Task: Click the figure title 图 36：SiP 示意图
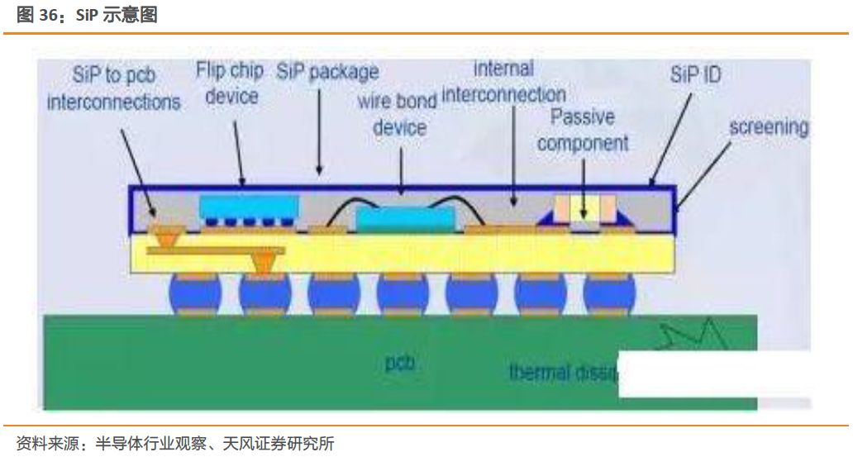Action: (x=87, y=15)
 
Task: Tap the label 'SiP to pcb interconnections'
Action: (x=113, y=89)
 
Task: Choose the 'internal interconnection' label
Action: (x=504, y=82)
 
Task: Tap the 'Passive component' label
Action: (x=582, y=130)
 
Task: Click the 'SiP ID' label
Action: (x=695, y=75)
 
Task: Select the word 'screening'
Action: (x=768, y=127)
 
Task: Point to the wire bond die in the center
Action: (x=405, y=218)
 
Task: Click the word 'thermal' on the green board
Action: (x=540, y=371)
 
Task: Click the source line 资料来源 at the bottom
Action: (x=175, y=443)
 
